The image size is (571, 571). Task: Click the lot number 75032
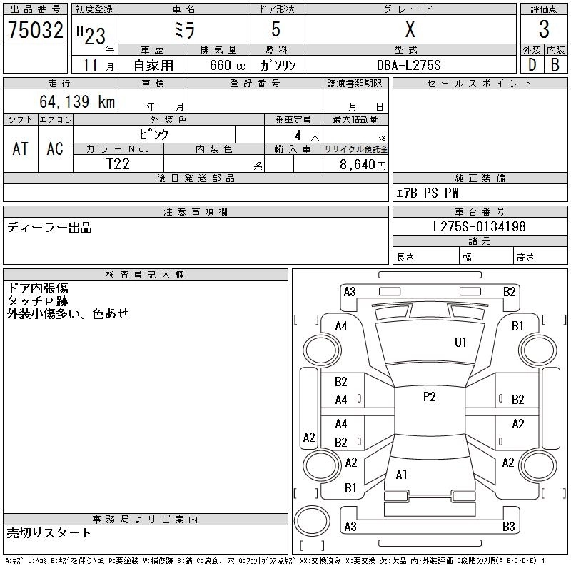35,30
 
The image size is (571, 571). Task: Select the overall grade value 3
544,29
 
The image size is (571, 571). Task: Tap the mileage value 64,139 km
77,101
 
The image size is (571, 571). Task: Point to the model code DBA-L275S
408,65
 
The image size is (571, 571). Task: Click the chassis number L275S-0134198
479,226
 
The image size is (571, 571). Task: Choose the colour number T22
118,164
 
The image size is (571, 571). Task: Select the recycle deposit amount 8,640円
363,165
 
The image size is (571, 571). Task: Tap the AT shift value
21,148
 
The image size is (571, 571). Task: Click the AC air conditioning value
55,148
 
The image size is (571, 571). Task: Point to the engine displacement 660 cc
227,65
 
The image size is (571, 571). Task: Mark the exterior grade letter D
532,65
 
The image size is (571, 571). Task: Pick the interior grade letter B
555,65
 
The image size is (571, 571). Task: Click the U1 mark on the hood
460,343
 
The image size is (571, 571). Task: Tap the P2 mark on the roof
430,397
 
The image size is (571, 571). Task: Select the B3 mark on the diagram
509,526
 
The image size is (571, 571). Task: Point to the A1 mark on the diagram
401,475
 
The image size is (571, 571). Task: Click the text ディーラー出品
49,228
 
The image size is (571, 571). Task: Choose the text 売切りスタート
49,532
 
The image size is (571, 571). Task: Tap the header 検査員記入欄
145,275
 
